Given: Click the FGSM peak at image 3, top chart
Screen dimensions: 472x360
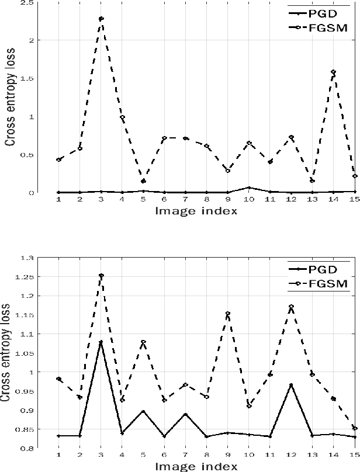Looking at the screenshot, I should click(101, 19).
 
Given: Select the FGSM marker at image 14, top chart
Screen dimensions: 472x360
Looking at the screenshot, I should click(333, 72).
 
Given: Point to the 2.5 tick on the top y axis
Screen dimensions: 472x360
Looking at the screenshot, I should click(26, 3).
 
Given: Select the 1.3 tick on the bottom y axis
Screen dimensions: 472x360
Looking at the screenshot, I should click(27, 258).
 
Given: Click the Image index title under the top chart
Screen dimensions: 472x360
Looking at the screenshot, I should click(196, 211).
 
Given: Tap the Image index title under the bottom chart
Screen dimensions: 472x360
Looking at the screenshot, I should click(196, 466).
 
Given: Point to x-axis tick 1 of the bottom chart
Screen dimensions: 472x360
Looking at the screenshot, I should click(59, 454).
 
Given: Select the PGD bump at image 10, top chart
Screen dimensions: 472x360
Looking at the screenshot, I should click(249, 188).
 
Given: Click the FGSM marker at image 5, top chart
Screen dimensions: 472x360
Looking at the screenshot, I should click(143, 181).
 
